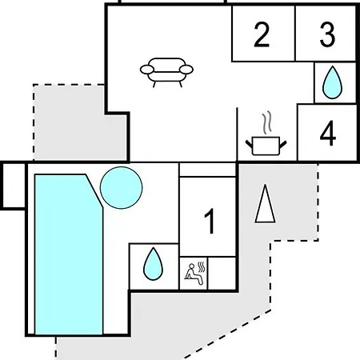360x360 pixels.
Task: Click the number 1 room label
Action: [210, 221]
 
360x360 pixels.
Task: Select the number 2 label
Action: [262, 34]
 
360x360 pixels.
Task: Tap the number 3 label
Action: [327, 34]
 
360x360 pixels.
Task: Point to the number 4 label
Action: [328, 133]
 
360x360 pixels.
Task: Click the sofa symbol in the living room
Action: [166, 72]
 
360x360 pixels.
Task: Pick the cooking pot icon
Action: [266, 146]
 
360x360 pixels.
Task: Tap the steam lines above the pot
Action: [267, 122]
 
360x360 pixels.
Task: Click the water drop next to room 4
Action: [332, 82]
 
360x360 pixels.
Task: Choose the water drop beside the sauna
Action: [153, 264]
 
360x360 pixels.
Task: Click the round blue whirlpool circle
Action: [122, 188]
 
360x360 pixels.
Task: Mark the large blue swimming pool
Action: [69, 254]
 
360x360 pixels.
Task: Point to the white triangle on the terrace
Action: [265, 204]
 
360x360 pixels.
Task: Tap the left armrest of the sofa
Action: [147, 70]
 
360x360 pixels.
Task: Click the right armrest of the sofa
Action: [186, 70]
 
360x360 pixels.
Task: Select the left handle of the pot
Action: [249, 145]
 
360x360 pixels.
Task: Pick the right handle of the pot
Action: [283, 145]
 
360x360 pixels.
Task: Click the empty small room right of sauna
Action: [222, 273]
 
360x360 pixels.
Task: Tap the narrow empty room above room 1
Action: [207, 170]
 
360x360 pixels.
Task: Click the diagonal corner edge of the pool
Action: [94, 191]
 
